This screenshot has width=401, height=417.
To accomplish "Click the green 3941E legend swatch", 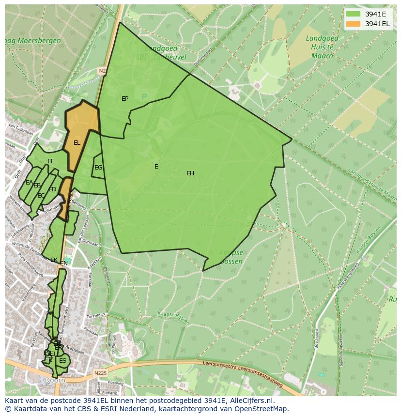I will point(353,14).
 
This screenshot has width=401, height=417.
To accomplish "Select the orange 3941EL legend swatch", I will point(353,24).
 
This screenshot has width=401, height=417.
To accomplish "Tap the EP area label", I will point(125,99).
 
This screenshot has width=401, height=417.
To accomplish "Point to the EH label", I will point(190,173).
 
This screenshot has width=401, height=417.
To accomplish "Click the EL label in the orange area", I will point(77,143).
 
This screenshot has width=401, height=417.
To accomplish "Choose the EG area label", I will point(98,168).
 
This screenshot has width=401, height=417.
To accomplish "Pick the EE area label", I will point(51,161).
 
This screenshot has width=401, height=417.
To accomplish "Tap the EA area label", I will point(29,183).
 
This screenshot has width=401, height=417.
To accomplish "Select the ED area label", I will point(52,189).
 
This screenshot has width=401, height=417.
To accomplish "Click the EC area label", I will point(41,196).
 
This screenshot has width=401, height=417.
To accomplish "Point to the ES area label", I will point(62,361).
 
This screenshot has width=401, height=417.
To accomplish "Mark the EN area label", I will point(64,263).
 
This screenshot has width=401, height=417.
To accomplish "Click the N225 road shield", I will point(100,373).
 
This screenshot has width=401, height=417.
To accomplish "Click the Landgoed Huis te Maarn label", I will point(319,46).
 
